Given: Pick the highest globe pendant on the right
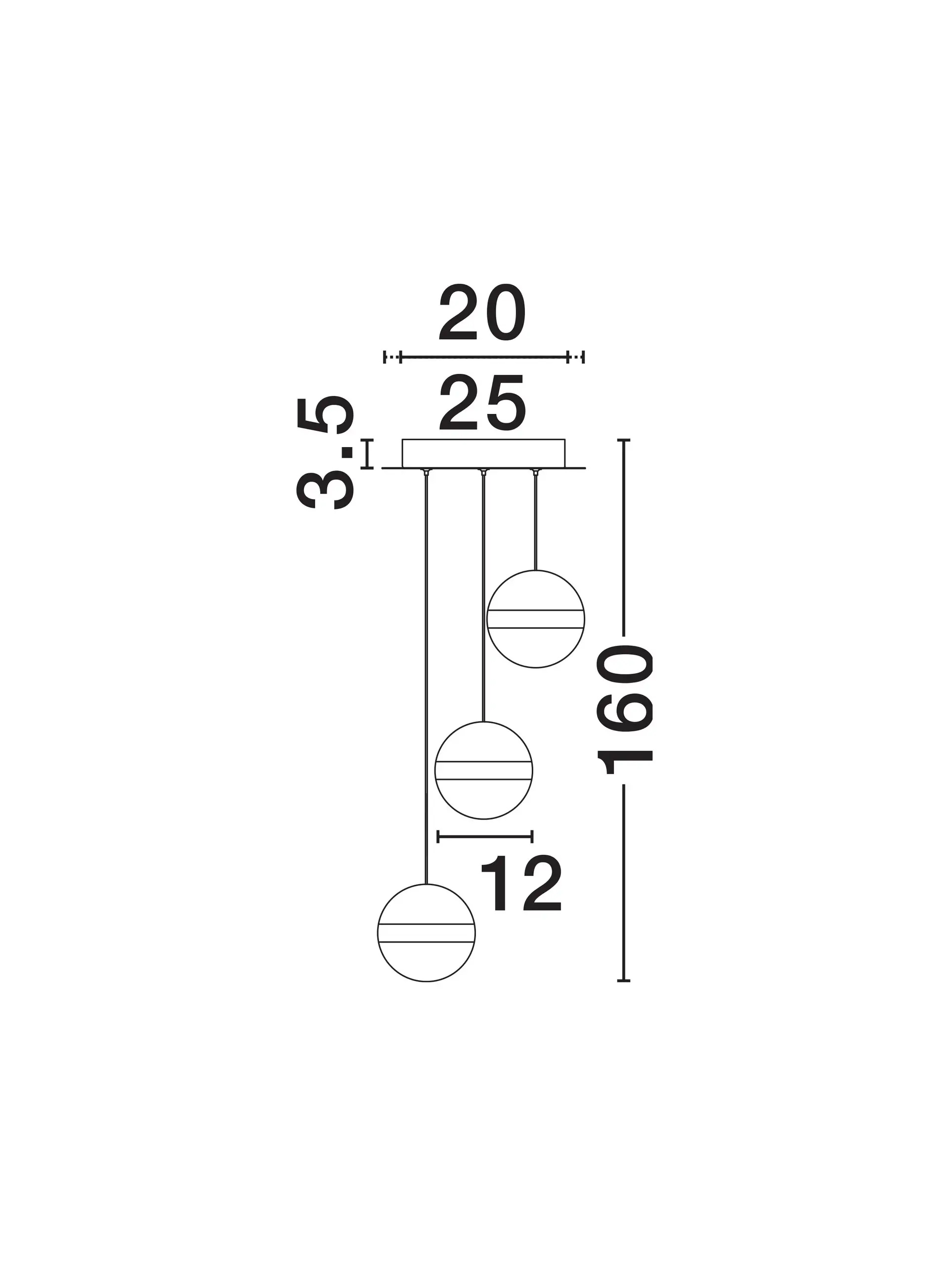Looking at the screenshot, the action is (535, 619).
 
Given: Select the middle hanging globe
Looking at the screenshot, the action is (484, 770).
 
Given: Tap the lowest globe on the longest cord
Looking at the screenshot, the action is (426, 933).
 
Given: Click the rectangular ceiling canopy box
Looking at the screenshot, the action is (483, 453).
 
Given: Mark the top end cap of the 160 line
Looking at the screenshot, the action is (623, 440).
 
